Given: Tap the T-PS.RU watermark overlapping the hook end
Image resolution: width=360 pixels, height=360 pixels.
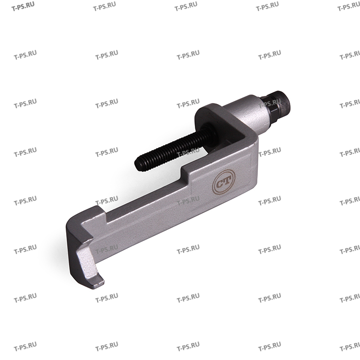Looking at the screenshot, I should [x=106, y=248].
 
